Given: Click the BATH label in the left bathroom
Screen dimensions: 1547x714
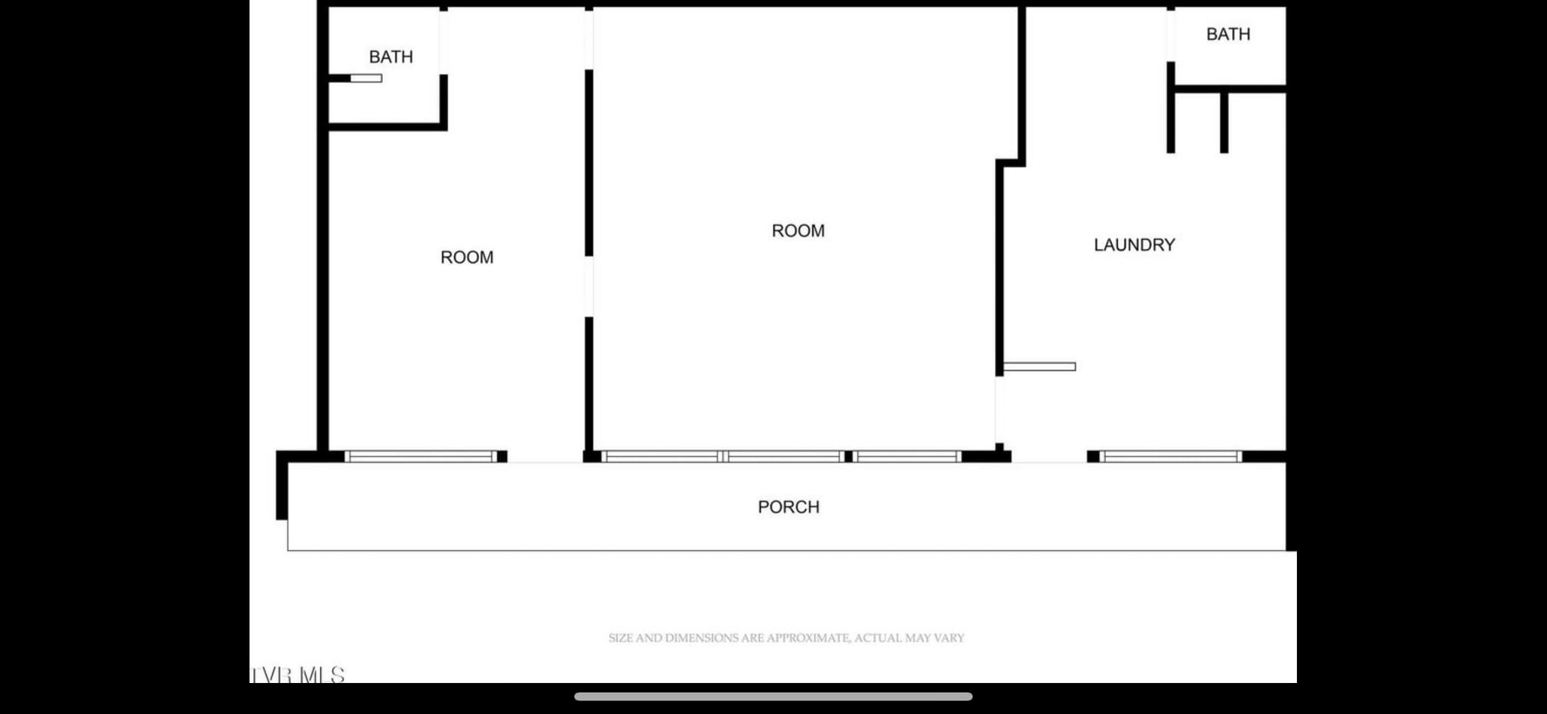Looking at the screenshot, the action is tap(391, 57).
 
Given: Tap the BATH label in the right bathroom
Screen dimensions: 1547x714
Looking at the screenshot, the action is tap(1228, 34).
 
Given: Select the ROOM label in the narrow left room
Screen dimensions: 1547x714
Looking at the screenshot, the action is tap(467, 258).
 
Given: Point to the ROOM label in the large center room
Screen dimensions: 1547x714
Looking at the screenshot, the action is tap(798, 231).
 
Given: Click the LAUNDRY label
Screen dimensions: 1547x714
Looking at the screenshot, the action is tap(1135, 245).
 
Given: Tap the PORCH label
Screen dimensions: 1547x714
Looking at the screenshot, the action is tap(789, 507).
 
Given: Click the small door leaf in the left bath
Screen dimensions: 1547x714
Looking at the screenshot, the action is tap(366, 78).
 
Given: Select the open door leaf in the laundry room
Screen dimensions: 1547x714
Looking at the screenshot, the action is tap(1039, 366).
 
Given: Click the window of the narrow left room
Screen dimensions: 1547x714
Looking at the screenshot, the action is tap(421, 456).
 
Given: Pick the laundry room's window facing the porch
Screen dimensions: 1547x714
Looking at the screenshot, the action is tap(1170, 456).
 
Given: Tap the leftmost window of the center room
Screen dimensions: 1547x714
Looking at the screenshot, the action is tap(662, 456).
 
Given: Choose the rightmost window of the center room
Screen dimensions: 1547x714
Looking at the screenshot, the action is tap(906, 456).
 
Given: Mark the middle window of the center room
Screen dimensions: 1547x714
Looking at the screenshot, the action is tap(784, 456).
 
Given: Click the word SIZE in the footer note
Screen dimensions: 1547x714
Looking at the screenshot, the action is tap(620, 638).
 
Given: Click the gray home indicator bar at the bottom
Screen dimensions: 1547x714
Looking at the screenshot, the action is tap(773, 697).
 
